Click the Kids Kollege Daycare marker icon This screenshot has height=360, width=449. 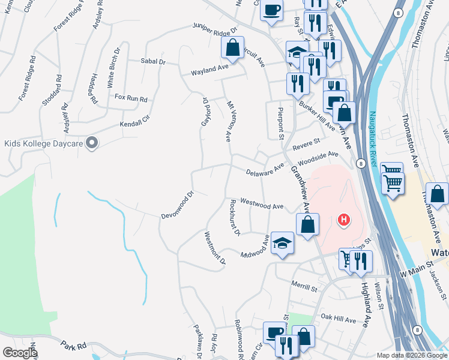[x=92, y=143]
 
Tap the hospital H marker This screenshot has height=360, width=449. [x=344, y=220]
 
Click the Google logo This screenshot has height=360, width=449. [x=20, y=353]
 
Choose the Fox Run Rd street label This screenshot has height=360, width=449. [x=131, y=98]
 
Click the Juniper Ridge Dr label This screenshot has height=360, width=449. [x=215, y=28]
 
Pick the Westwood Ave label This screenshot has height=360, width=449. [x=262, y=204]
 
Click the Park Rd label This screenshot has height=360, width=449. [x=74, y=346]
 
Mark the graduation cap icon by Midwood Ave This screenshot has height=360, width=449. [x=282, y=243]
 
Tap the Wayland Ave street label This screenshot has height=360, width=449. [x=210, y=71]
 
